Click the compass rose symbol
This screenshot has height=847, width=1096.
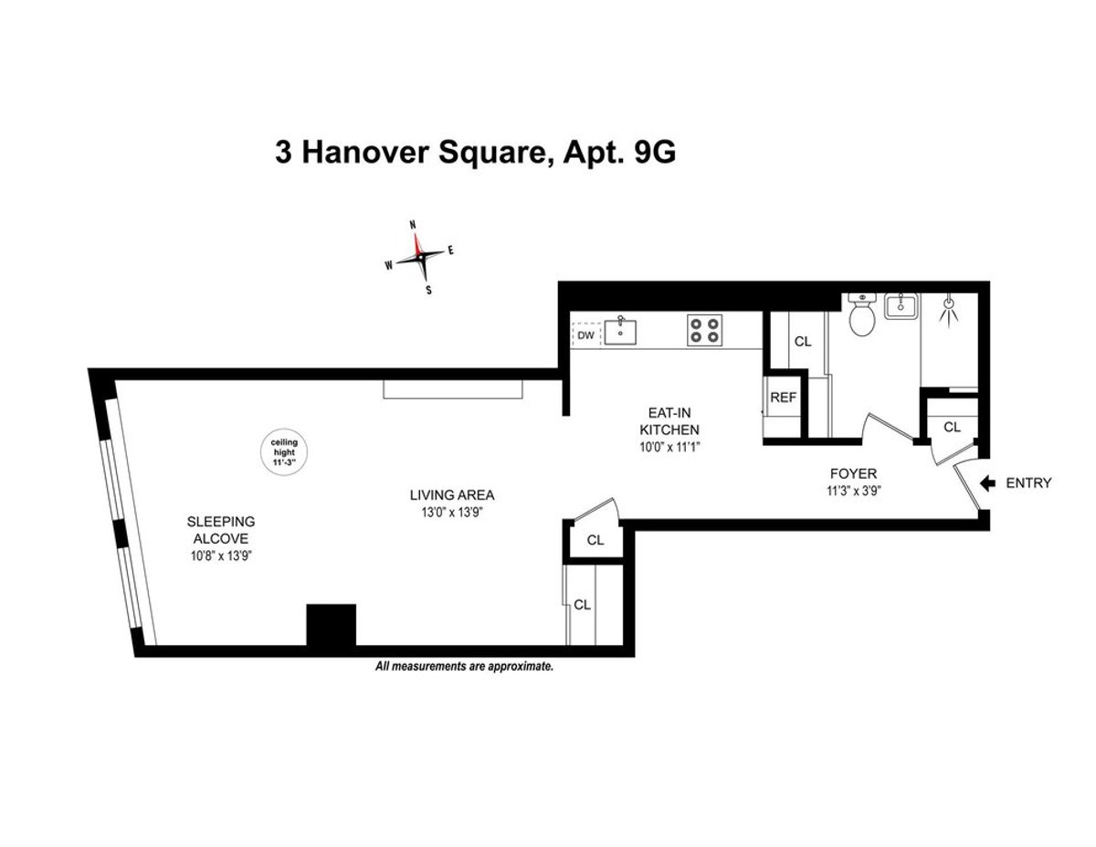420,257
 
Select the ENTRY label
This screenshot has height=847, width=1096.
1028,483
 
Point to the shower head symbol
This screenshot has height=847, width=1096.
950,308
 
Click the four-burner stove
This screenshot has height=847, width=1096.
704,329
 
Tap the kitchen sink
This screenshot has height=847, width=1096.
623,329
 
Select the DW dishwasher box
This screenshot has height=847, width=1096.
586,335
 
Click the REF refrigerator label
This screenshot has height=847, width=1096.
783,397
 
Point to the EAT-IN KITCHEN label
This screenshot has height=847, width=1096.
669,421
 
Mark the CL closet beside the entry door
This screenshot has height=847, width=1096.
952,427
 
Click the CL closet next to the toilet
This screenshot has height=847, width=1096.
802,342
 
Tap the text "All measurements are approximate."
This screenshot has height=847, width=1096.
465,667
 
